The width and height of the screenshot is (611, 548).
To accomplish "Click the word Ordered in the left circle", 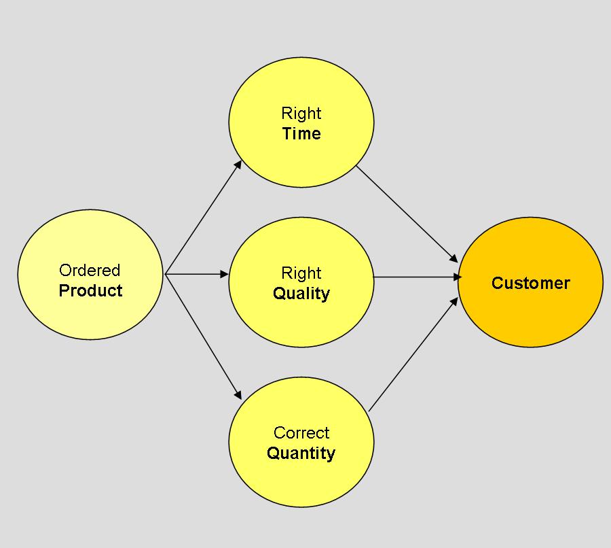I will (90, 271).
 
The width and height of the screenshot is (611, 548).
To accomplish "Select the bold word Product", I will (90, 291).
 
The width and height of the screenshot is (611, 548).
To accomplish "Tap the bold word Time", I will (301, 134).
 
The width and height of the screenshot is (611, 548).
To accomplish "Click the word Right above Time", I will (301, 114).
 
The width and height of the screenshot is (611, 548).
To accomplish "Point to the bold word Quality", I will (301, 294).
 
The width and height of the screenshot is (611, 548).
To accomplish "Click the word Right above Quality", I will (301, 273).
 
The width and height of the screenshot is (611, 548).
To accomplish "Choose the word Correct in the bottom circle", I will (301, 433).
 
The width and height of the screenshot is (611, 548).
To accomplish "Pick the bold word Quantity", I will (301, 453).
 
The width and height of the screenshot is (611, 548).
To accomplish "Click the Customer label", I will (530, 284).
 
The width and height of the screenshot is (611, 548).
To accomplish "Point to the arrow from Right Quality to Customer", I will (415, 277).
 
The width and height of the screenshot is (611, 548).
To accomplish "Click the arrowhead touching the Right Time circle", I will (239, 164).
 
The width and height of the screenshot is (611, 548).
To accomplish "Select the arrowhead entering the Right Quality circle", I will (225, 274).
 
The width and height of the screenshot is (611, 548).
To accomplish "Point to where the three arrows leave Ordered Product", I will (166, 274).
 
